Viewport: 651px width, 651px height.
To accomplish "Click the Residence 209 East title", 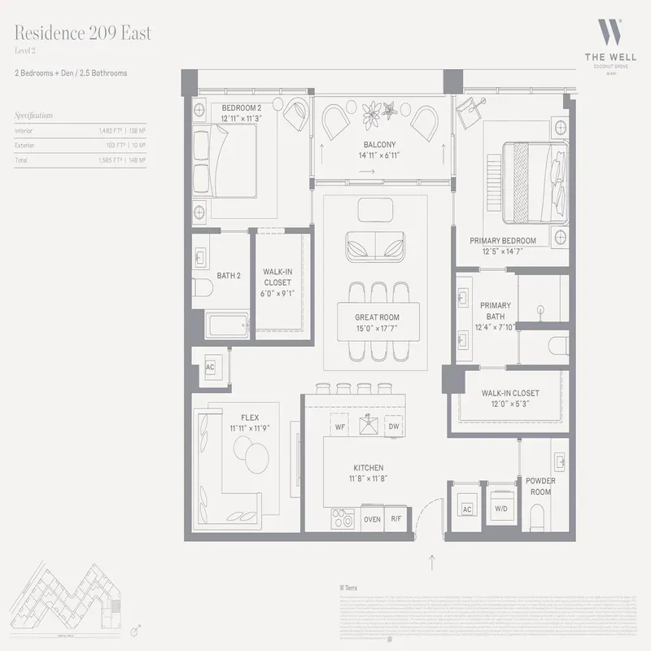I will tap(82, 34).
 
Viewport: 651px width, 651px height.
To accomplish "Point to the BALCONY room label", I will tap(381, 146).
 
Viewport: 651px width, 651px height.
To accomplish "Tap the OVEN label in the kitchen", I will tap(372, 518).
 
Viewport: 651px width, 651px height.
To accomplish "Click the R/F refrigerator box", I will tap(396, 518).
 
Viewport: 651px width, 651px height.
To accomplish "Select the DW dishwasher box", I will tap(394, 426).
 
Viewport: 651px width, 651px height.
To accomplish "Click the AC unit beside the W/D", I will tap(467, 509).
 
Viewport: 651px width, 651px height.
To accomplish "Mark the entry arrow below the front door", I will tap(432, 560).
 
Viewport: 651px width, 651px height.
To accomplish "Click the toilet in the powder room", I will tap(536, 514).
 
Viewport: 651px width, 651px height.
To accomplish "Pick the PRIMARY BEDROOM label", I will tap(503, 241).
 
